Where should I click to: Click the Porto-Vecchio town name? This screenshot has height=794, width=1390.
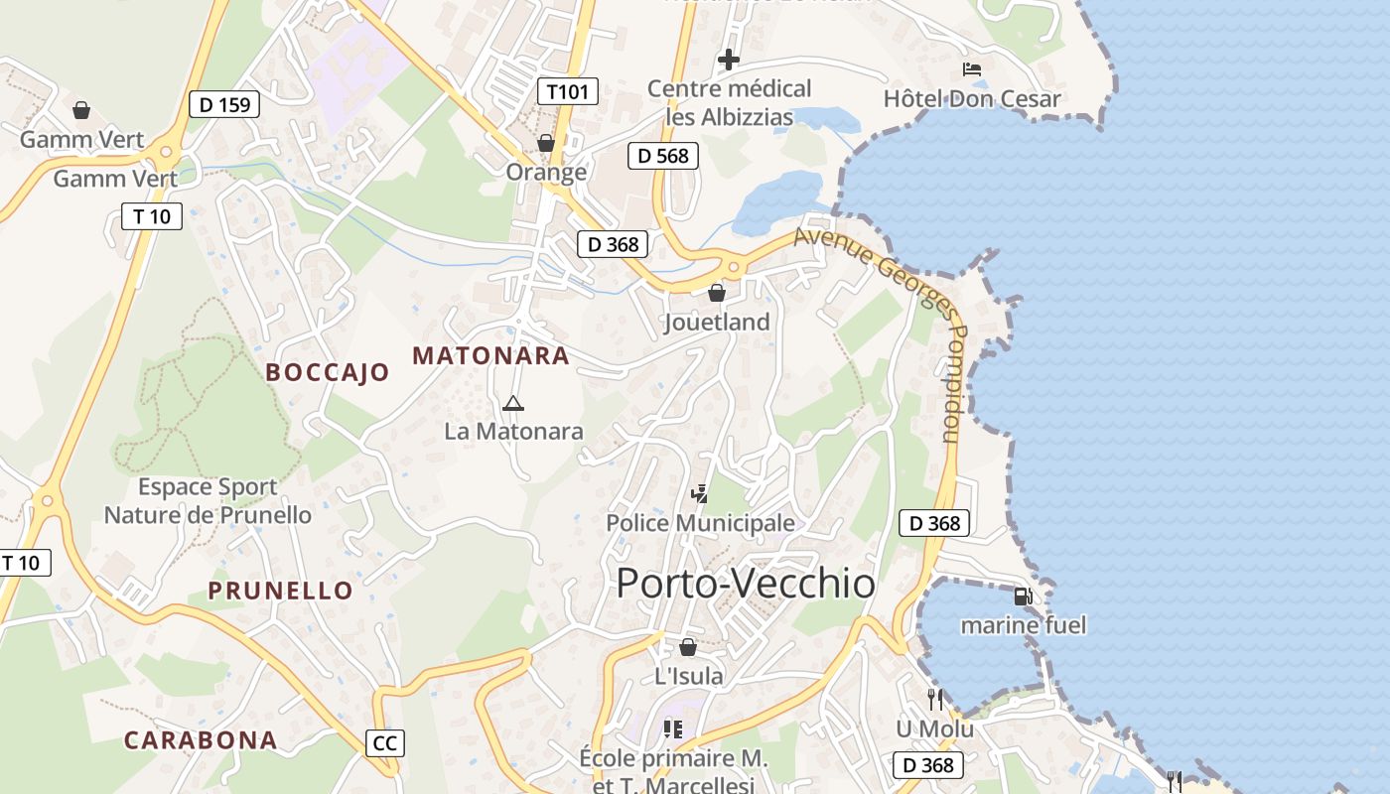point(746,584)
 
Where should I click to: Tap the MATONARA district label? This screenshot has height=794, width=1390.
point(490,355)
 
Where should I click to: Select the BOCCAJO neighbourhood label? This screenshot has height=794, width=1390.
point(328,372)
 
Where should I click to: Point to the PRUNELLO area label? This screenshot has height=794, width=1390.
point(280,591)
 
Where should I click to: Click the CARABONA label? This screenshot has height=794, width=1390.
point(200,739)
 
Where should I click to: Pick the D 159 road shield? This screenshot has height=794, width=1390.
point(224,104)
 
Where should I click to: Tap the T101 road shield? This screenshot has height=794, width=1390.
point(569,92)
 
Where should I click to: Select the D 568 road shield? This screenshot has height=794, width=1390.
point(663,155)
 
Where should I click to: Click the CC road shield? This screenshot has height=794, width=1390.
point(384,742)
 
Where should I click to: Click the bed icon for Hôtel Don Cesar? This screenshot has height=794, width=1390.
point(972,69)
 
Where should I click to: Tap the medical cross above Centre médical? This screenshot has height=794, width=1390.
point(729,60)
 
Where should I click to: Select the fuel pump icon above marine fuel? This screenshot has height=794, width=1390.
point(1023,596)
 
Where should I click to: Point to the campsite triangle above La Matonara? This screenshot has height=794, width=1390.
point(512,403)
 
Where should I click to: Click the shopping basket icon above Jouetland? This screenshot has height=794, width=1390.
point(717,293)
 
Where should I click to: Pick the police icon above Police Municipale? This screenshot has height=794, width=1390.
point(700,493)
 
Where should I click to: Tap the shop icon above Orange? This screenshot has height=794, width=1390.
point(545,143)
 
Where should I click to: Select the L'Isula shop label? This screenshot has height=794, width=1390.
point(688,676)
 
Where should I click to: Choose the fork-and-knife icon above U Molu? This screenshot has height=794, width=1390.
point(934,700)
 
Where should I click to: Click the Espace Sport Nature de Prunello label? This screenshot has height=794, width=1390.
point(208,501)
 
